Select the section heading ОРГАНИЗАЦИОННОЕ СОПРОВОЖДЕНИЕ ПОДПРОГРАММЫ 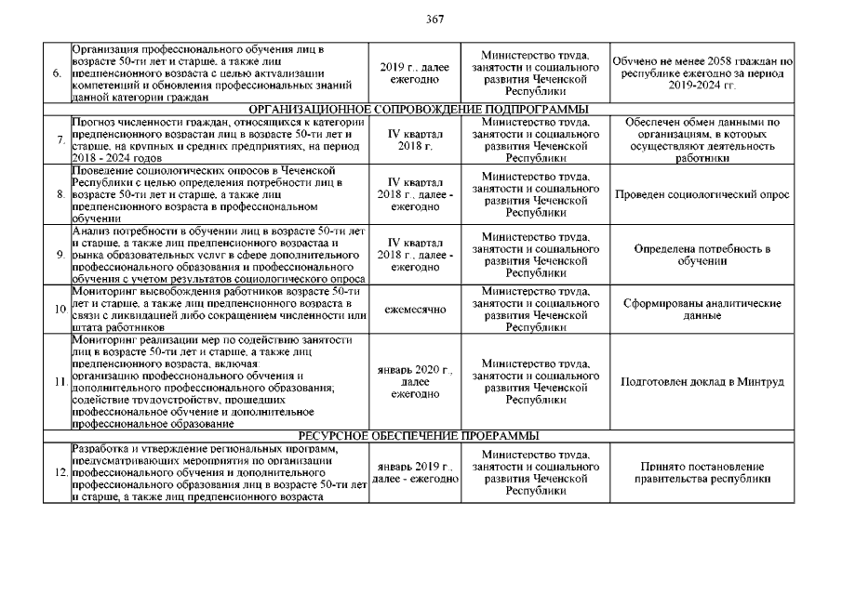422,110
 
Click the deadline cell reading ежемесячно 415,309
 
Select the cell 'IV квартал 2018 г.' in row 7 415,140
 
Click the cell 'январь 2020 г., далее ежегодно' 415,382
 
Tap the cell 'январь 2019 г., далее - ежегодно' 415,472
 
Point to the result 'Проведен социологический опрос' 702,195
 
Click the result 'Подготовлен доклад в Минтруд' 702,382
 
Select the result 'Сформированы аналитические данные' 702,310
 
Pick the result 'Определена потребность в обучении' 702,255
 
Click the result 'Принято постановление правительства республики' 702,473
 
